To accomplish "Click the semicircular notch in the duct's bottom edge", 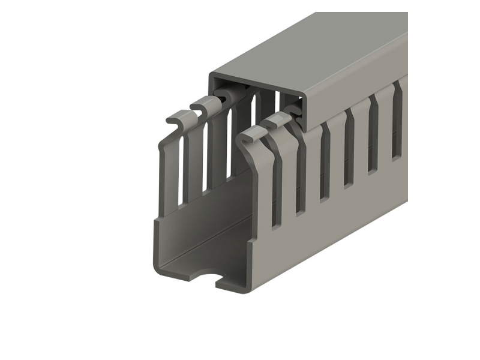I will [x=205, y=278].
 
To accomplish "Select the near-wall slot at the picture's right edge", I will [x=397, y=129].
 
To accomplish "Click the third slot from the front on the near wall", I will [x=325, y=168].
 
